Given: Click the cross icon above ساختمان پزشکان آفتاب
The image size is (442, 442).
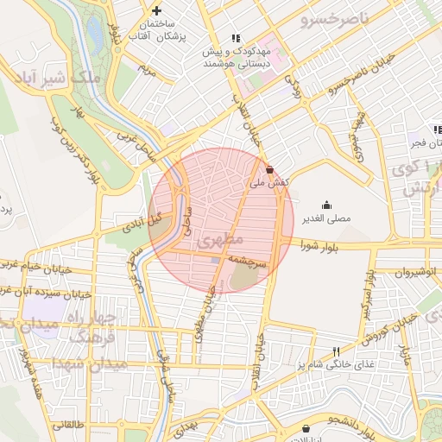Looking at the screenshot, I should [156, 10].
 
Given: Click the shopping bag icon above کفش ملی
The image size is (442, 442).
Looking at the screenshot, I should [270, 169].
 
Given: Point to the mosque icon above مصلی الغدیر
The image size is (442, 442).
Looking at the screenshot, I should [326, 205].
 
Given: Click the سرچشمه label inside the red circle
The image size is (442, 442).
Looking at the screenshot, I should [250, 260].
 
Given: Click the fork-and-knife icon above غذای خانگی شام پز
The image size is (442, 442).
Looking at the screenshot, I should [336, 351].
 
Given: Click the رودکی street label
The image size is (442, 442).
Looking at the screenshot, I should [294, 91].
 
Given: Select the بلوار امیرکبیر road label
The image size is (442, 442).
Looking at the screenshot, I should [369, 302].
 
